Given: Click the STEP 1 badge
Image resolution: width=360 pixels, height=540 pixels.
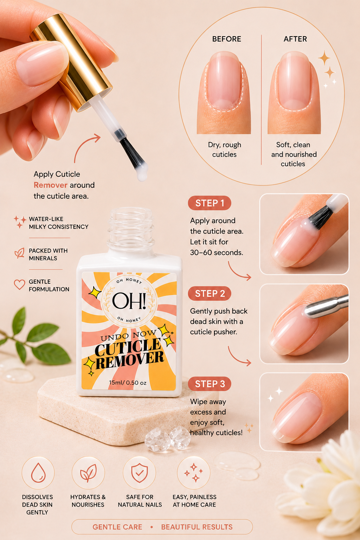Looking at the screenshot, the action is pos(210,203).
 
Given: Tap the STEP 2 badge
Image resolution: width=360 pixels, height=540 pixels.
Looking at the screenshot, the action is pos(210,294).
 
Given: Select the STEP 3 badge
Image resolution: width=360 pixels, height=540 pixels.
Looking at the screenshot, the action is pos(210,384).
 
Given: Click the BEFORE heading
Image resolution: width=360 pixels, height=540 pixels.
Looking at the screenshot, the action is pos(226,39).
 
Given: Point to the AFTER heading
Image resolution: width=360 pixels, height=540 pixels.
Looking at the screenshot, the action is pos(295,39).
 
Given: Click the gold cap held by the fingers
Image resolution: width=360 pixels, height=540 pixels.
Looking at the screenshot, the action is pos(71,62).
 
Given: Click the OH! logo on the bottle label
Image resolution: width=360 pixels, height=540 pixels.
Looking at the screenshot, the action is pos(129,301).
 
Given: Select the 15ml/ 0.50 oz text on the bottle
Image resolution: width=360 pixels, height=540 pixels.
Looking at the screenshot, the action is pos(128,382).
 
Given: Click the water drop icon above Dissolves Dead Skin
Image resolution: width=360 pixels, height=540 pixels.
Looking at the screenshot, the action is pos(38,473).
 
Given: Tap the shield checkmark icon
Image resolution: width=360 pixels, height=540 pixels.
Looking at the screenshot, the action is pos(139,473).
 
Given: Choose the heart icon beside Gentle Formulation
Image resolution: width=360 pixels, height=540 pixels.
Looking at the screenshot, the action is pos(19,284).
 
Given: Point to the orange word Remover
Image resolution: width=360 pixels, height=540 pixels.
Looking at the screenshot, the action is pos(50,185).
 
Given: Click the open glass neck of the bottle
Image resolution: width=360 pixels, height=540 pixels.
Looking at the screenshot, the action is pos(130,229).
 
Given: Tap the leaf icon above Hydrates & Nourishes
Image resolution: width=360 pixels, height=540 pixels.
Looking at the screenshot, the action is pos(89,473).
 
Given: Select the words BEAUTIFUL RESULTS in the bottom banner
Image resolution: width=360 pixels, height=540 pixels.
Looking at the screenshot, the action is pos(197,527).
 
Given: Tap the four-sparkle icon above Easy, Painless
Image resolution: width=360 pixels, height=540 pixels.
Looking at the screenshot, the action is pos(193,473).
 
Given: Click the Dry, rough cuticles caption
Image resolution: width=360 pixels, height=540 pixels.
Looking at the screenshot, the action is pos(224,149).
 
